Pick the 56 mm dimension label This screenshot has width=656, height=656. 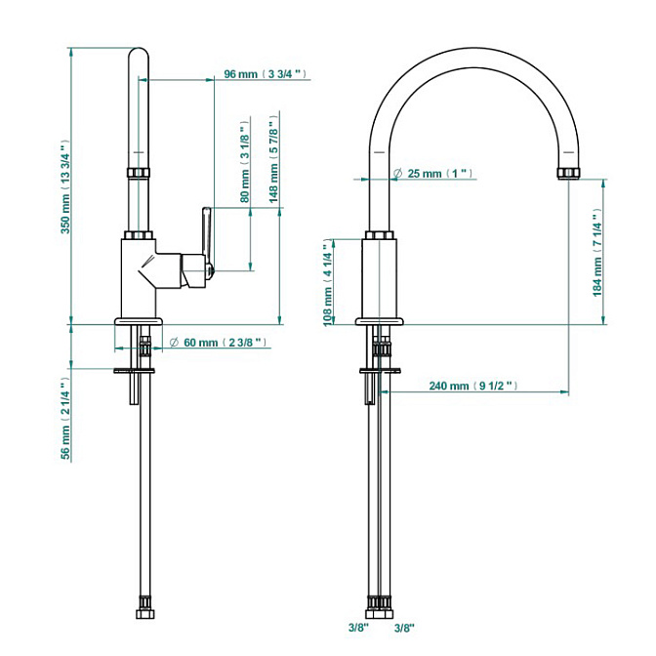(x=66, y=416)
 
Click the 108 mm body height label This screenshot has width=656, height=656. (x=330, y=284)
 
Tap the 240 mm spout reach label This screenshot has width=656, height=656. (x=472, y=387)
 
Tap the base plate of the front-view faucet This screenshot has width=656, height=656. (x=379, y=321)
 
